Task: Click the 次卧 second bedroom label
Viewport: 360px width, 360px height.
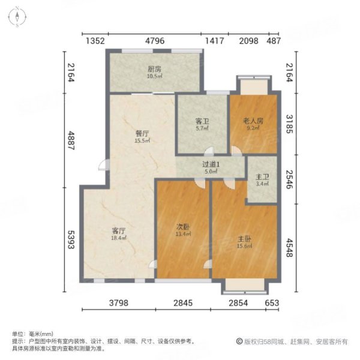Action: (183, 227)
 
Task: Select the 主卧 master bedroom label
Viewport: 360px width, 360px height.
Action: (244, 238)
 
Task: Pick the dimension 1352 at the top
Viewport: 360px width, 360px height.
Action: (95, 41)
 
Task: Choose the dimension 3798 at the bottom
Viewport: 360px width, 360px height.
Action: (119, 304)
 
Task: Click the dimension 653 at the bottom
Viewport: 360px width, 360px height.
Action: (274, 304)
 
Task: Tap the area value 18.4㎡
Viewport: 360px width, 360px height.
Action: (118, 238)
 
